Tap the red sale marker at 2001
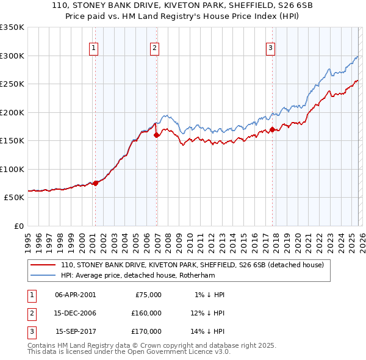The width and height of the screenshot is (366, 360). pyautogui.click(x=96, y=182)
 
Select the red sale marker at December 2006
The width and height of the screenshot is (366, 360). pyautogui.click(x=157, y=135)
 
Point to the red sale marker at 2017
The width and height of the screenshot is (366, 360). pyautogui.click(x=272, y=129)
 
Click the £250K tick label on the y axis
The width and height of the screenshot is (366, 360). pyautogui.click(x=12, y=84)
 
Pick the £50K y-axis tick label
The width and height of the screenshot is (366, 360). pyautogui.click(x=14, y=198)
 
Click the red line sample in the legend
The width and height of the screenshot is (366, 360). pyautogui.click(x=43, y=265)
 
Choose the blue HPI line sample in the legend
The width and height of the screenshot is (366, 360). pyautogui.click(x=43, y=275)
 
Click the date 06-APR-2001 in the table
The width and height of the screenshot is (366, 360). pyautogui.click(x=75, y=295)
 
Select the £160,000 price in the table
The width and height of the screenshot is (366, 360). pyautogui.click(x=146, y=313)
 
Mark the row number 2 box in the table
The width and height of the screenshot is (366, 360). pyautogui.click(x=30, y=313)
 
